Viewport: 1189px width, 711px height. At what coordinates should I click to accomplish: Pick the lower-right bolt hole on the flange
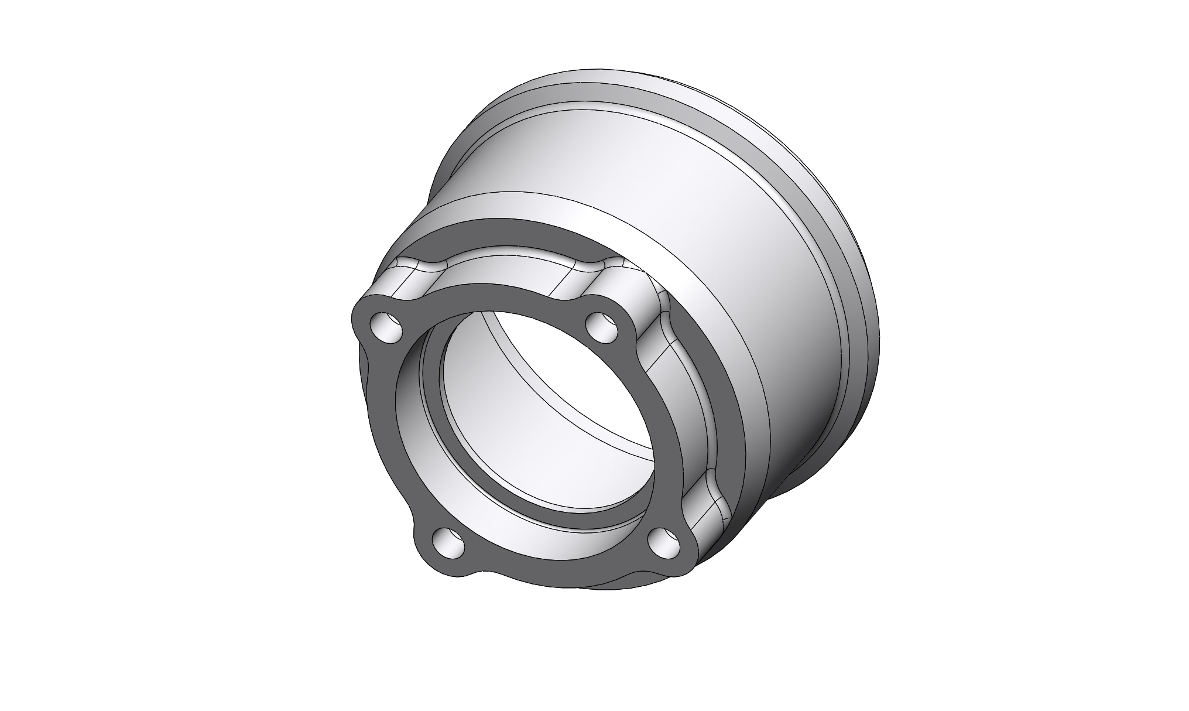[664, 542]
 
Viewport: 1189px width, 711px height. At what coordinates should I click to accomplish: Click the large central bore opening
[544, 422]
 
